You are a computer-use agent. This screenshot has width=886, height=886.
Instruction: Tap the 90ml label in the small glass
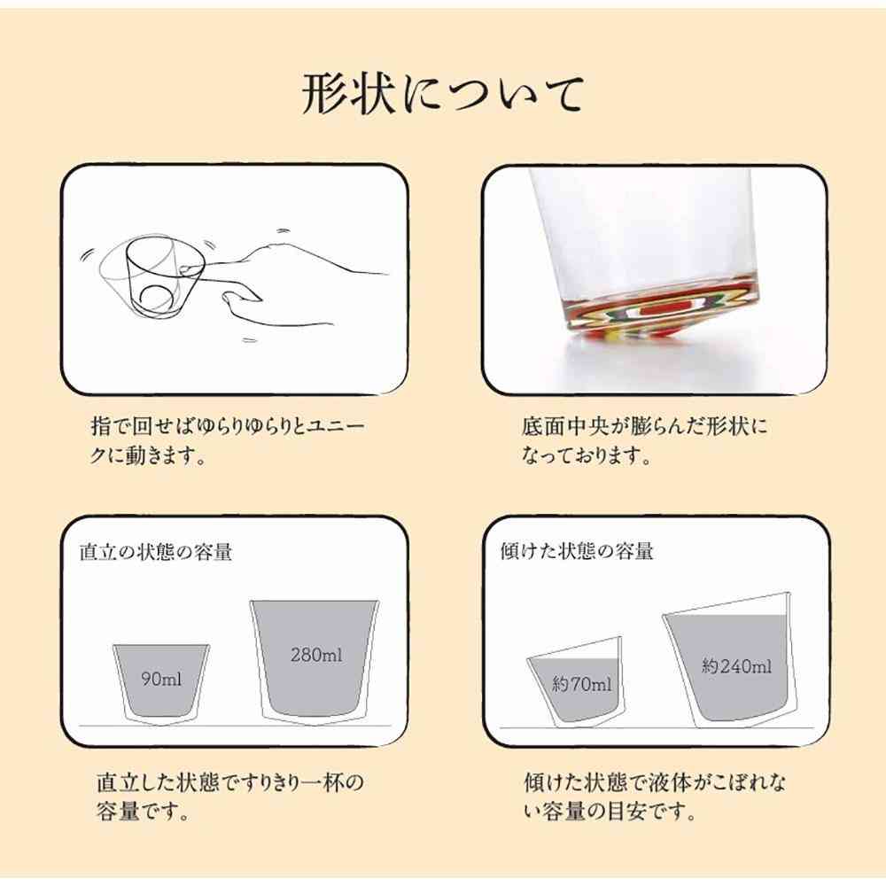(x=162, y=680)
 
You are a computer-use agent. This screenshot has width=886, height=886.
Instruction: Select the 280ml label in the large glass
(x=316, y=657)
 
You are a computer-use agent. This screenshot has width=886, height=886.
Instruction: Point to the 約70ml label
(x=581, y=684)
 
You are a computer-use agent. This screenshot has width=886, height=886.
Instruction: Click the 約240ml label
(x=736, y=666)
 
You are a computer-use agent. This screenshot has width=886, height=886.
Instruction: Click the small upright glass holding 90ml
(x=161, y=682)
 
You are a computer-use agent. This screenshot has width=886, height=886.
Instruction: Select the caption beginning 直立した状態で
(x=229, y=797)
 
